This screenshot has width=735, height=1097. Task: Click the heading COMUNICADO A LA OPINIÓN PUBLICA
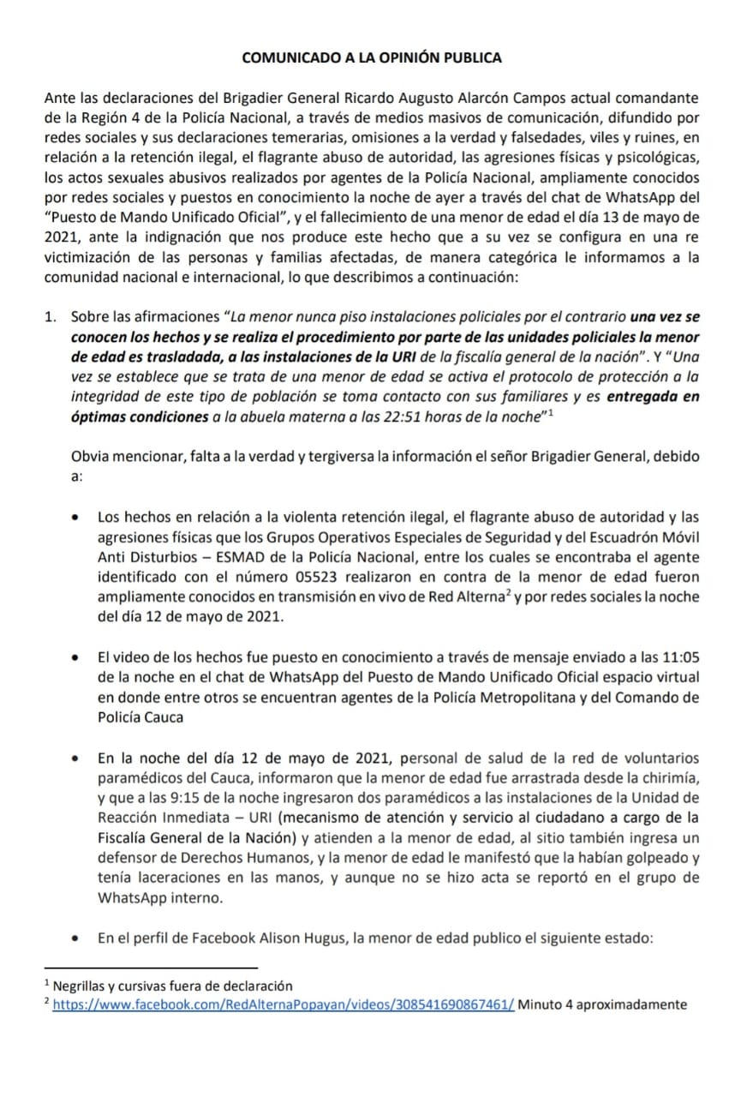(372, 58)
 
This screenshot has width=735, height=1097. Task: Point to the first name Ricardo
(383, 99)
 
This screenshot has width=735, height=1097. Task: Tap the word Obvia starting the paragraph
(92, 457)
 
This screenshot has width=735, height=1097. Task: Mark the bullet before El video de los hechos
(78, 657)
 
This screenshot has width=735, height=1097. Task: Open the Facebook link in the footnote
(284, 1004)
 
